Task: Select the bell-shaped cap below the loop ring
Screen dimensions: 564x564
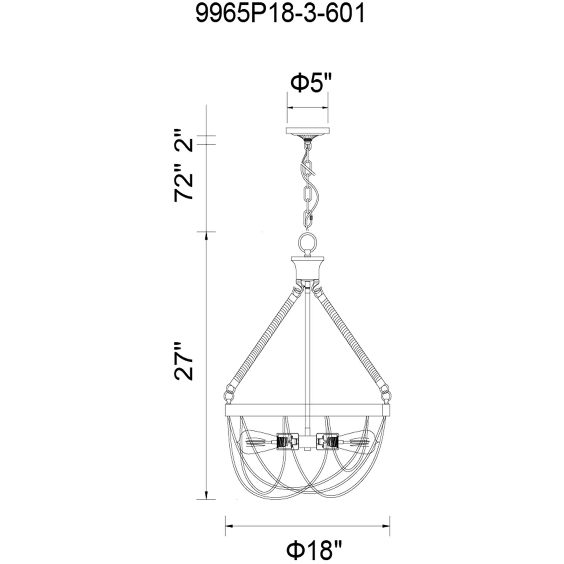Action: coord(307,267)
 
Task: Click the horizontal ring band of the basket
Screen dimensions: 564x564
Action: coord(307,410)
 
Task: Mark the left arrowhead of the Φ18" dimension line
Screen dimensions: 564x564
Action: coord(229,526)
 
